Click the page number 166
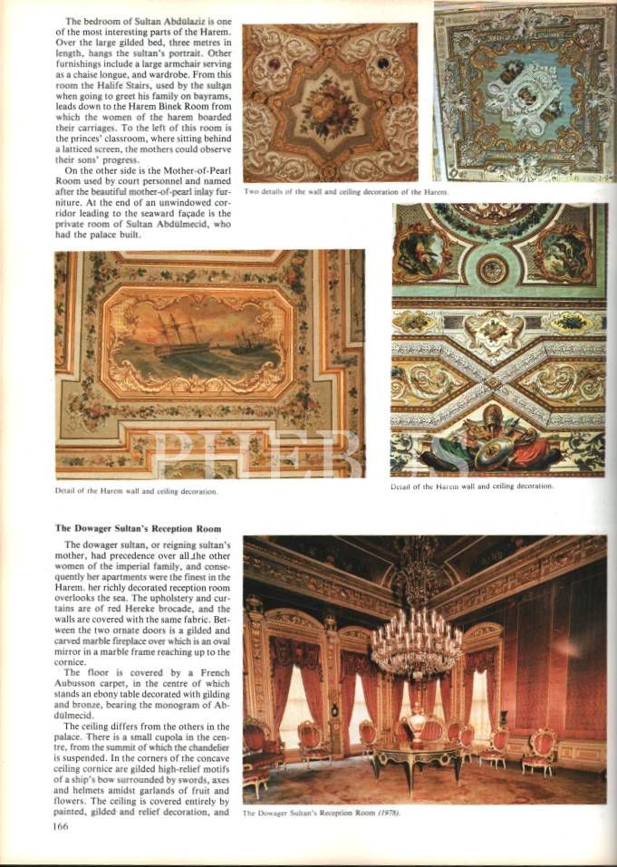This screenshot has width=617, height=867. (x=61, y=825)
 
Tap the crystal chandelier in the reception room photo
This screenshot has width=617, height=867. (x=417, y=639)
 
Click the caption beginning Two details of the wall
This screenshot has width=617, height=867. (x=346, y=192)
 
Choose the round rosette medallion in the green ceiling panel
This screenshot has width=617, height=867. (x=493, y=268)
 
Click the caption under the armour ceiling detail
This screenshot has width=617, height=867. (x=471, y=486)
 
